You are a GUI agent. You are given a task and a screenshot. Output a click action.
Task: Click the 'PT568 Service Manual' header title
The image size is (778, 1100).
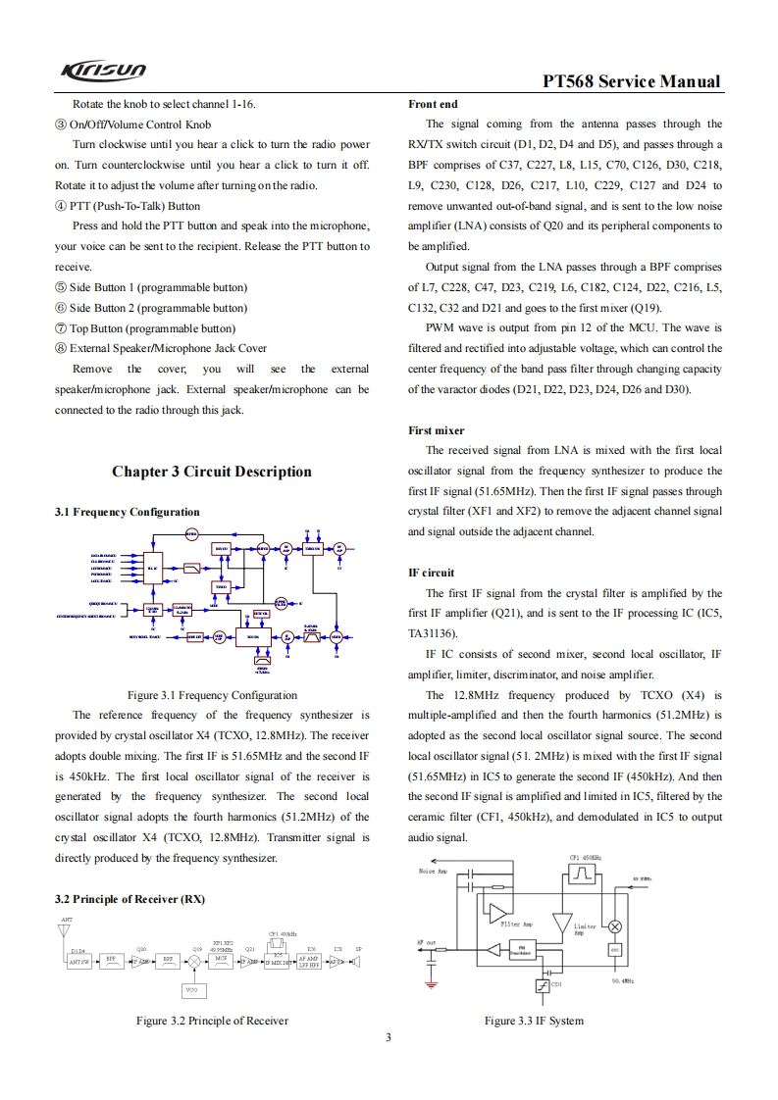632,82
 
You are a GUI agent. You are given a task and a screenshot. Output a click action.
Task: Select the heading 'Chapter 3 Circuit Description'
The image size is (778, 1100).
212,472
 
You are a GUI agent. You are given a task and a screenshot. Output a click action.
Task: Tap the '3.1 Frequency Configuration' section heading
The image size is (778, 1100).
127,512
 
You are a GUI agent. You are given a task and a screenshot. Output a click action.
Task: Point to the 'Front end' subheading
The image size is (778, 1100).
433,104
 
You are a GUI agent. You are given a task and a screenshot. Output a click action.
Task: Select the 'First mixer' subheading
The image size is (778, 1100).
436,430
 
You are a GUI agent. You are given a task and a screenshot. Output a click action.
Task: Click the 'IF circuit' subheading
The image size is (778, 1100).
432,573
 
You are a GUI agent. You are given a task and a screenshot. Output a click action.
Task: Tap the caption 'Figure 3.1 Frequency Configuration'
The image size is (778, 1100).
212,695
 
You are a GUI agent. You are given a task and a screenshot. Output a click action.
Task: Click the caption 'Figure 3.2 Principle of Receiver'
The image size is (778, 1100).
212,1021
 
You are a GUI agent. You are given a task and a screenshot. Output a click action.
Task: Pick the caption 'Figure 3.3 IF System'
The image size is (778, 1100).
534,1021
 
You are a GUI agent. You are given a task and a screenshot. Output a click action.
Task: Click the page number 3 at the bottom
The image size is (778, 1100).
389,1038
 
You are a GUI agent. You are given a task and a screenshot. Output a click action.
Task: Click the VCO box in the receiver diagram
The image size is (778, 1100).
191,990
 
